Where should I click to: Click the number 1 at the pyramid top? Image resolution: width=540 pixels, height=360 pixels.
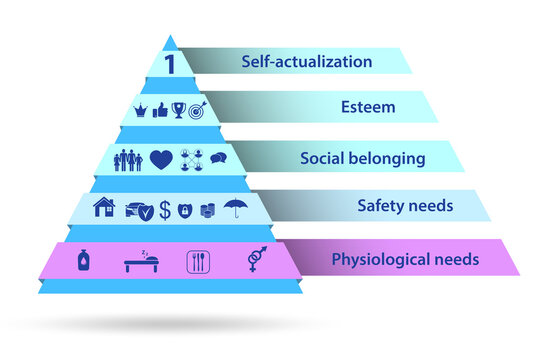(170, 63)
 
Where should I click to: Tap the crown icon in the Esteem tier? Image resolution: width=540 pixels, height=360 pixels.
(141, 110)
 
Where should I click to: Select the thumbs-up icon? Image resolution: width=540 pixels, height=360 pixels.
(158, 110)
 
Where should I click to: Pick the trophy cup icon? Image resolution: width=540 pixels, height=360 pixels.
(177, 110)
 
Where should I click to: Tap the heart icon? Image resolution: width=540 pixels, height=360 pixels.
(161, 159)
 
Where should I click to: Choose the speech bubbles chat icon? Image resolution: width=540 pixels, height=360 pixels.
(218, 158)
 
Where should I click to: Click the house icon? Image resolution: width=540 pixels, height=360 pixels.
(103, 208)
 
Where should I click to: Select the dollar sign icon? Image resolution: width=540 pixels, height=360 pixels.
(164, 210)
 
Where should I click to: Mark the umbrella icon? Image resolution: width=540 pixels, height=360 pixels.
(237, 208)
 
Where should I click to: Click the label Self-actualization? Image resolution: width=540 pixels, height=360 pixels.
(306, 62)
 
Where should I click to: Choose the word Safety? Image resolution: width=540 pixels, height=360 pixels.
(380, 206)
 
